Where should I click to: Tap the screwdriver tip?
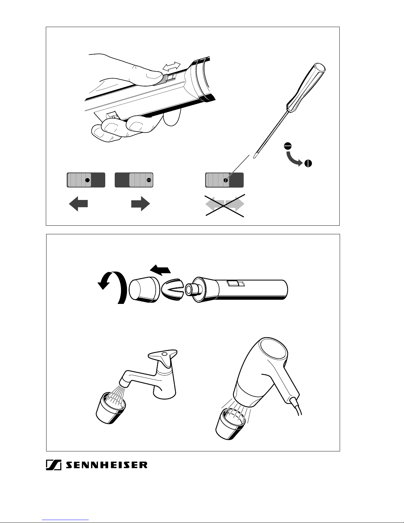254,157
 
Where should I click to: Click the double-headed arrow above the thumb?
171,66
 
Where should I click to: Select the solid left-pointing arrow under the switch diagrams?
78,204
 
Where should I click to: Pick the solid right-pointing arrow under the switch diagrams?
140,204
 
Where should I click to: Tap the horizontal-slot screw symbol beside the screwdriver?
288,146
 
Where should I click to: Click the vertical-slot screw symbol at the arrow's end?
308,163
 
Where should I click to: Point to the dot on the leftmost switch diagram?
87,180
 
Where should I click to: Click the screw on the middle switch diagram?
149,180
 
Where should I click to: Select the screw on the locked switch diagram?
226,180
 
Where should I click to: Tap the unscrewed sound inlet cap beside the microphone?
144,289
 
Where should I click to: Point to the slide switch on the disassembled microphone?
236,283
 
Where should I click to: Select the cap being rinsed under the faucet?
110,408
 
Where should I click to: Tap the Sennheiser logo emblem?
54,465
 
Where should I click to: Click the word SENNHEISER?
106,465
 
